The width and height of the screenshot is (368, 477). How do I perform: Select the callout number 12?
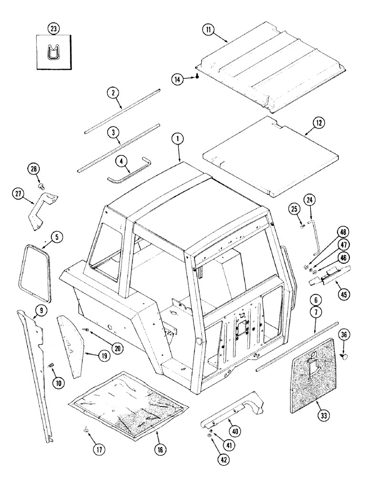[318, 123]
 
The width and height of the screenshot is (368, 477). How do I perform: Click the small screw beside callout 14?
[196, 78]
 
